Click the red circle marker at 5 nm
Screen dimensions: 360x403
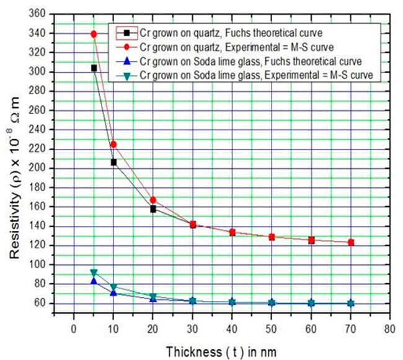click(94, 34)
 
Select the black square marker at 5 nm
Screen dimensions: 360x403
click(94, 68)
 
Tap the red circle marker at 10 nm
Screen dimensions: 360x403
click(113, 144)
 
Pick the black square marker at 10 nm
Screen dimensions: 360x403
click(113, 162)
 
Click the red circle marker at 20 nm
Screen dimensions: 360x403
click(153, 200)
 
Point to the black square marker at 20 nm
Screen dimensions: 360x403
click(153, 209)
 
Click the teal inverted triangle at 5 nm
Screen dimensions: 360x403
click(94, 272)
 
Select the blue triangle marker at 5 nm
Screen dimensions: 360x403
click(94, 281)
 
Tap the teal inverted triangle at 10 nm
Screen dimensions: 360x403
click(113, 287)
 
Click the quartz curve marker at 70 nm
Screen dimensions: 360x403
click(351, 242)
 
